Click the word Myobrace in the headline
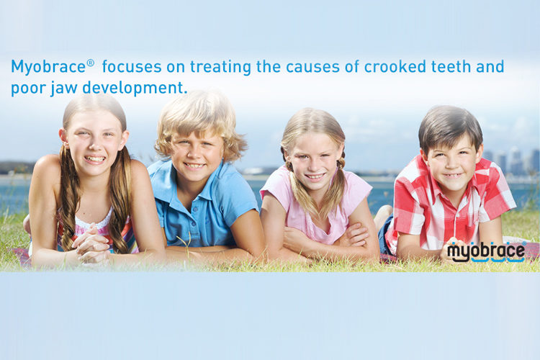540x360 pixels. pyautogui.click(x=48, y=67)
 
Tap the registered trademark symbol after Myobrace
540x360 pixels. pyautogui.click(x=90, y=63)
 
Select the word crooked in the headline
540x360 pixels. pyautogui.click(x=395, y=66)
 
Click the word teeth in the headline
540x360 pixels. pyautogui.click(x=451, y=66)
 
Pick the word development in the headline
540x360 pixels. pyautogui.click(x=135, y=88)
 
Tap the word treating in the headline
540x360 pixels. pyautogui.click(x=220, y=67)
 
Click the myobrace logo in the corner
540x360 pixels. pyautogui.click(x=486, y=252)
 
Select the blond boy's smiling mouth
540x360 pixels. pyautogui.click(x=194, y=166)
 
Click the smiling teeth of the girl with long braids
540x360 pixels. pyautogui.click(x=95, y=159)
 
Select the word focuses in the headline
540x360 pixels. pyautogui.click(x=132, y=67)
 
